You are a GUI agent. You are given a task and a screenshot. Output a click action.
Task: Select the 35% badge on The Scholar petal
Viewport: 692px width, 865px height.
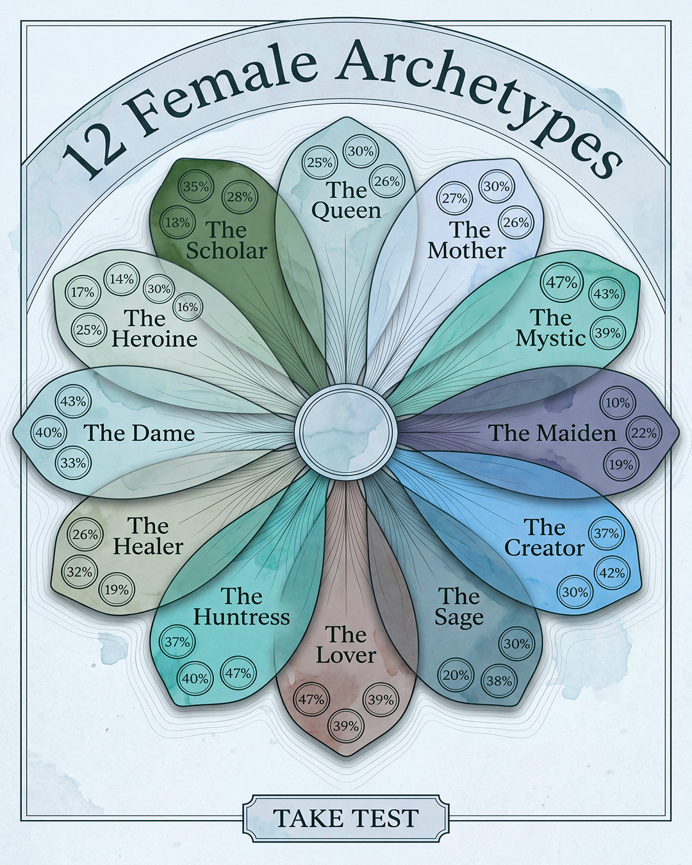tap(196, 186)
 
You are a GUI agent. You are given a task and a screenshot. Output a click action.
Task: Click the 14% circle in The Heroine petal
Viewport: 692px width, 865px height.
tap(122, 279)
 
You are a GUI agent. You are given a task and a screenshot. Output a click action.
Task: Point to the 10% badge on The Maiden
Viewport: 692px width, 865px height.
tap(618, 403)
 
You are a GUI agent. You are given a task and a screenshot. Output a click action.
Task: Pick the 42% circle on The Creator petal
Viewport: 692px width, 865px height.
tap(612, 573)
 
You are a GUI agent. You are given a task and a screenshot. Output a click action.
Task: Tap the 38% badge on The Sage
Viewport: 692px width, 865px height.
tap(499, 681)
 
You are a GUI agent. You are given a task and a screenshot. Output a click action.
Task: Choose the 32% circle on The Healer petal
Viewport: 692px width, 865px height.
tap(79, 572)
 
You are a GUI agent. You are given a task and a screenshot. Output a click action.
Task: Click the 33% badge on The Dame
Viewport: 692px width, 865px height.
tap(73, 463)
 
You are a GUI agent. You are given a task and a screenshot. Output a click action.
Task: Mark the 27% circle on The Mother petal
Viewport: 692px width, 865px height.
tap(455, 199)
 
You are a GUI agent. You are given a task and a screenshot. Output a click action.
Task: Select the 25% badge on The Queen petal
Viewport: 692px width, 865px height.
tap(320, 162)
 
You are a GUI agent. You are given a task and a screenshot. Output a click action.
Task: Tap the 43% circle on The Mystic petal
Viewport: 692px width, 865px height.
tap(606, 294)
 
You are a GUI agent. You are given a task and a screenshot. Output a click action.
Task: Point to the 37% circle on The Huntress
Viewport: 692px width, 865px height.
tap(177, 642)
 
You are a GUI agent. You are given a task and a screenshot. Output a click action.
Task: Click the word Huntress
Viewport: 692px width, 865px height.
tap(242, 617)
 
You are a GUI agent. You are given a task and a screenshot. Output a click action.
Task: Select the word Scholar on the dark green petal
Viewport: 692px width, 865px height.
tap(227, 251)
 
